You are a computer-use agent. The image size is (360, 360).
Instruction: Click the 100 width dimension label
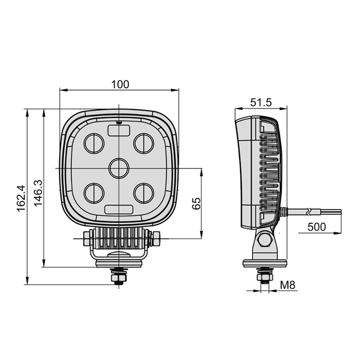coord(120,84)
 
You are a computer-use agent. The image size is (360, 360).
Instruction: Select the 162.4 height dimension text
coord(21,199)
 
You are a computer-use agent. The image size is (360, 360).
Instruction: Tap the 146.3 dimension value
coord(38,193)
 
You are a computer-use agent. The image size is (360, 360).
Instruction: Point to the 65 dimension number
coord(196,203)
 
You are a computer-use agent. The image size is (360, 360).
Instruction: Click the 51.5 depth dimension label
coord(261,102)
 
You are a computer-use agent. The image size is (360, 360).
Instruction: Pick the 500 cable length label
coord(317,227)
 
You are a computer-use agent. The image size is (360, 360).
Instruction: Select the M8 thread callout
coord(287,285)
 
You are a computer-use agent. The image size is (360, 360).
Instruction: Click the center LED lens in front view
coord(118,168)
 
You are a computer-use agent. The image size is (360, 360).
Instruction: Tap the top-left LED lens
coord(94,143)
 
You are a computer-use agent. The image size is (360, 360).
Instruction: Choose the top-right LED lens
coord(143,143)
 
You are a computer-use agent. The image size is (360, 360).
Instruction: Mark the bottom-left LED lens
coord(94,193)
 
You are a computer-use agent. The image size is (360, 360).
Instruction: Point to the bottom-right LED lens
coord(143,193)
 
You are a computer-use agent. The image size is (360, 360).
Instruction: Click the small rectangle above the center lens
coord(119,131)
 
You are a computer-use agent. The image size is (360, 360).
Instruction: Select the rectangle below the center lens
coord(119,209)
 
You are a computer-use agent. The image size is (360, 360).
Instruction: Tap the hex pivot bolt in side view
coord(265,239)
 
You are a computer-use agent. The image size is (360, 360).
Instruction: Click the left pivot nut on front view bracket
coord(86,239)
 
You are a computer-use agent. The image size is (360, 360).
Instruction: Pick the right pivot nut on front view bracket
coord(156,239)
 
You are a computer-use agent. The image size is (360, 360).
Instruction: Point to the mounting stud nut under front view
coord(119,278)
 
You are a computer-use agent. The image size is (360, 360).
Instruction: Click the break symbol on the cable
coord(311,211)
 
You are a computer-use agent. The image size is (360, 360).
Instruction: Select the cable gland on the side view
coord(283,211)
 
